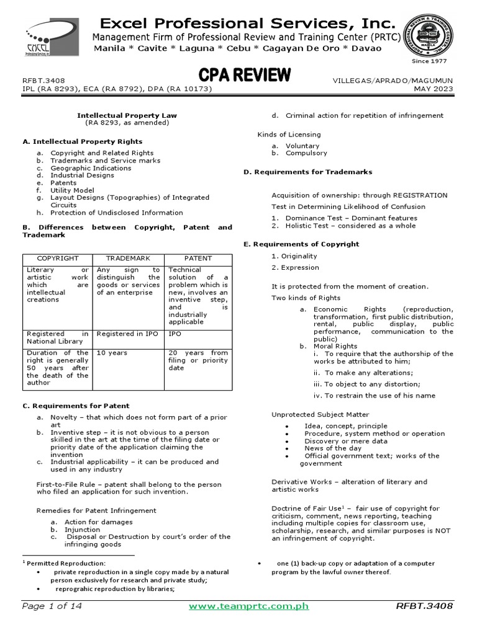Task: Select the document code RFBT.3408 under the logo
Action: click(x=43, y=81)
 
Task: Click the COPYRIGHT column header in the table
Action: click(x=58, y=258)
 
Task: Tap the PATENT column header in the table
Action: click(x=198, y=258)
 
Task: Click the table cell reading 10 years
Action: click(x=112, y=353)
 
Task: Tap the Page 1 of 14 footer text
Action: click(x=52, y=606)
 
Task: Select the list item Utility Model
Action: click(x=72, y=190)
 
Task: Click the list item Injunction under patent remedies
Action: click(x=82, y=530)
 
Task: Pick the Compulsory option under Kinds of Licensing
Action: click(x=306, y=153)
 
